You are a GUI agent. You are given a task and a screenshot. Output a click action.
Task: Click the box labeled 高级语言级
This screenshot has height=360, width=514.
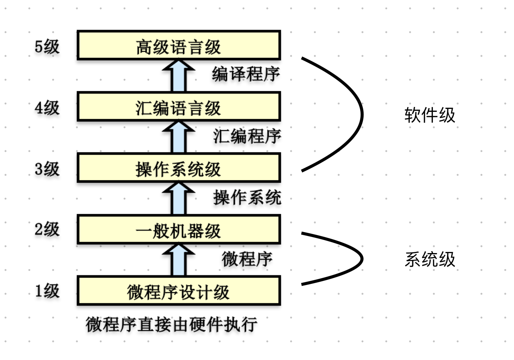pyautogui.click(x=179, y=46)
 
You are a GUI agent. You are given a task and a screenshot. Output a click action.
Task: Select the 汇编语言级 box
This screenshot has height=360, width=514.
pyautogui.click(x=179, y=107)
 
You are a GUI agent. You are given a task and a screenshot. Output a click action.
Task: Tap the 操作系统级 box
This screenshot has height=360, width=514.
pyautogui.click(x=179, y=168)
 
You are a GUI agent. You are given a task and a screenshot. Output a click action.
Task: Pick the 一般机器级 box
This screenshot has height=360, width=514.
pyautogui.click(x=179, y=230)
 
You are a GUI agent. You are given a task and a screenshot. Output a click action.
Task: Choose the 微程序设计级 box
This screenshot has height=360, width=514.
pyautogui.click(x=179, y=291)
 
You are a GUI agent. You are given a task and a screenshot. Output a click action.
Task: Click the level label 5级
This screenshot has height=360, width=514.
pyautogui.click(x=47, y=46)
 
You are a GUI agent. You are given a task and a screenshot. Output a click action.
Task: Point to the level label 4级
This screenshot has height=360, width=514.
pyautogui.click(x=47, y=107)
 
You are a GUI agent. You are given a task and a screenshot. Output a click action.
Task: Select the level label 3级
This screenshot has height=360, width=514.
pyautogui.click(x=47, y=169)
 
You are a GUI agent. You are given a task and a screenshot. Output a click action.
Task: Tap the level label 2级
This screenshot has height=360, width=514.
pyautogui.click(x=47, y=229)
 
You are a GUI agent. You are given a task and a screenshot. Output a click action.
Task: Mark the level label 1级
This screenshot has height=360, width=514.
pyautogui.click(x=47, y=291)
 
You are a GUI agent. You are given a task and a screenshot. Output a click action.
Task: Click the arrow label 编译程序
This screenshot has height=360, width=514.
pyautogui.click(x=246, y=74)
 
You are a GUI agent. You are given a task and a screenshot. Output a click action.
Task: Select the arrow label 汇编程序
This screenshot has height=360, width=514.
pyautogui.click(x=247, y=136)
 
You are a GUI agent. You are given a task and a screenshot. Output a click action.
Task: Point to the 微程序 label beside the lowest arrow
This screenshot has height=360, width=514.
pyautogui.click(x=247, y=259)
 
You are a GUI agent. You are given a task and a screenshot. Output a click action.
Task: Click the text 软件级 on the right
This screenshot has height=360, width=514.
pyautogui.click(x=429, y=115)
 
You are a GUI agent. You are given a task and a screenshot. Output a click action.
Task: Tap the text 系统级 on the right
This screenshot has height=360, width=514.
pyautogui.click(x=429, y=260)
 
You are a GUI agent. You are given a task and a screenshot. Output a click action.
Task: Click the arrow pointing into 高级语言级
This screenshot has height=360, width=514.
pyautogui.click(x=179, y=76)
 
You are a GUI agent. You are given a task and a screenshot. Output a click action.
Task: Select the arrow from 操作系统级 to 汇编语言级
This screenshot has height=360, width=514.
pyautogui.click(x=179, y=137)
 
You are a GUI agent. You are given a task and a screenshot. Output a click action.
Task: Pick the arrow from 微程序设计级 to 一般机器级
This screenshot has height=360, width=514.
pyautogui.click(x=179, y=260)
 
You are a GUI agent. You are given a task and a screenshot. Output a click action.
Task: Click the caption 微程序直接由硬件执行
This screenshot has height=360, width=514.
pyautogui.click(x=171, y=325)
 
